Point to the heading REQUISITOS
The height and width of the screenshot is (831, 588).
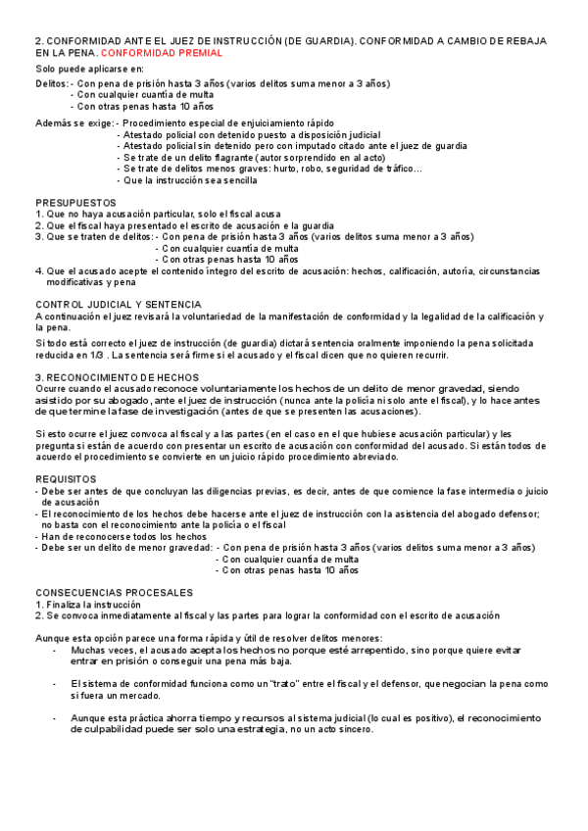[x=65, y=477]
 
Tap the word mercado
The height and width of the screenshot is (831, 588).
[x=140, y=696]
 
